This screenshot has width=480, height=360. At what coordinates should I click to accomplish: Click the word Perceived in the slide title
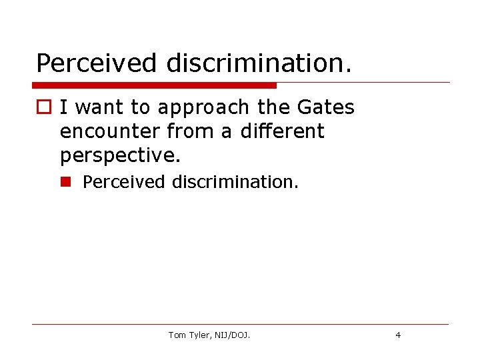point(97,63)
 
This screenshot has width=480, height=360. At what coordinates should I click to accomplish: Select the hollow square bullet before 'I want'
point(43,107)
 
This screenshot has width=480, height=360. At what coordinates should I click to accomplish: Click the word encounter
point(109,131)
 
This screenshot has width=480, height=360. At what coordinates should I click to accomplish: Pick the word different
point(281,131)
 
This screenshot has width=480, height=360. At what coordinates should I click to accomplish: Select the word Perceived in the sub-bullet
point(125,181)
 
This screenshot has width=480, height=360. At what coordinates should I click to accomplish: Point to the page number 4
point(398,335)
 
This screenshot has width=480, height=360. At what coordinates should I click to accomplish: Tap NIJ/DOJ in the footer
point(233,335)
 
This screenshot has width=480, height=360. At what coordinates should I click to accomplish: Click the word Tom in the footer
point(177,335)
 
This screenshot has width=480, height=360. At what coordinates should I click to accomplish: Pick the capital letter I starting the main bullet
point(63,107)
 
